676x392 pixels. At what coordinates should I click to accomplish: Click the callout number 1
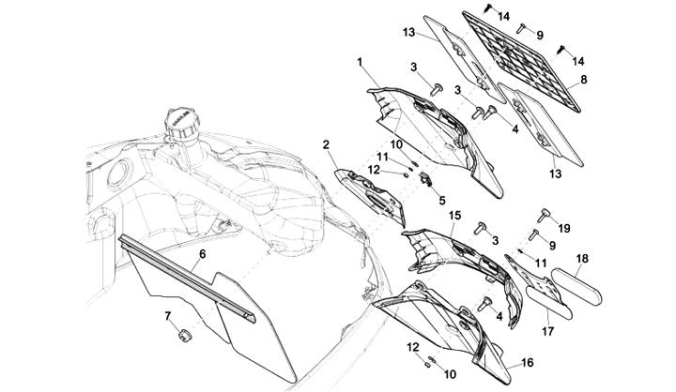click(x=360, y=63)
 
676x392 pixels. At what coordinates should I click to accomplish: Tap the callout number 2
click(x=326, y=144)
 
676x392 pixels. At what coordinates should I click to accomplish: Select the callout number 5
click(x=442, y=201)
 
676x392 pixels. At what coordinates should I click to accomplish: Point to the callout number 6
click(x=202, y=254)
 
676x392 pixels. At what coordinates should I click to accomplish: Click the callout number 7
click(x=168, y=317)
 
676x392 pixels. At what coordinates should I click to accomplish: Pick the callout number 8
click(x=584, y=80)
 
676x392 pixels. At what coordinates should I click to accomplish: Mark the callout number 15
click(x=454, y=215)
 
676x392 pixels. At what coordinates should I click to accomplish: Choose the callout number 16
click(x=528, y=362)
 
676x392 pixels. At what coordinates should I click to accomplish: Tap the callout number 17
click(x=549, y=331)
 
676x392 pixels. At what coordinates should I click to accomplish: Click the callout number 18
click(x=582, y=259)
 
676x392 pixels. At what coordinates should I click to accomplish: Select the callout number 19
click(x=564, y=228)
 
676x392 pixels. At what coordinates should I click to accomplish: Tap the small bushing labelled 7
click(x=185, y=335)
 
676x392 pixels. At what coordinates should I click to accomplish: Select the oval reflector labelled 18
click(x=576, y=287)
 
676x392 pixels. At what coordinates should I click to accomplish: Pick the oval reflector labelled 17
click(x=549, y=303)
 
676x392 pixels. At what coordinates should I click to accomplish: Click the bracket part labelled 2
click(x=371, y=197)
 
